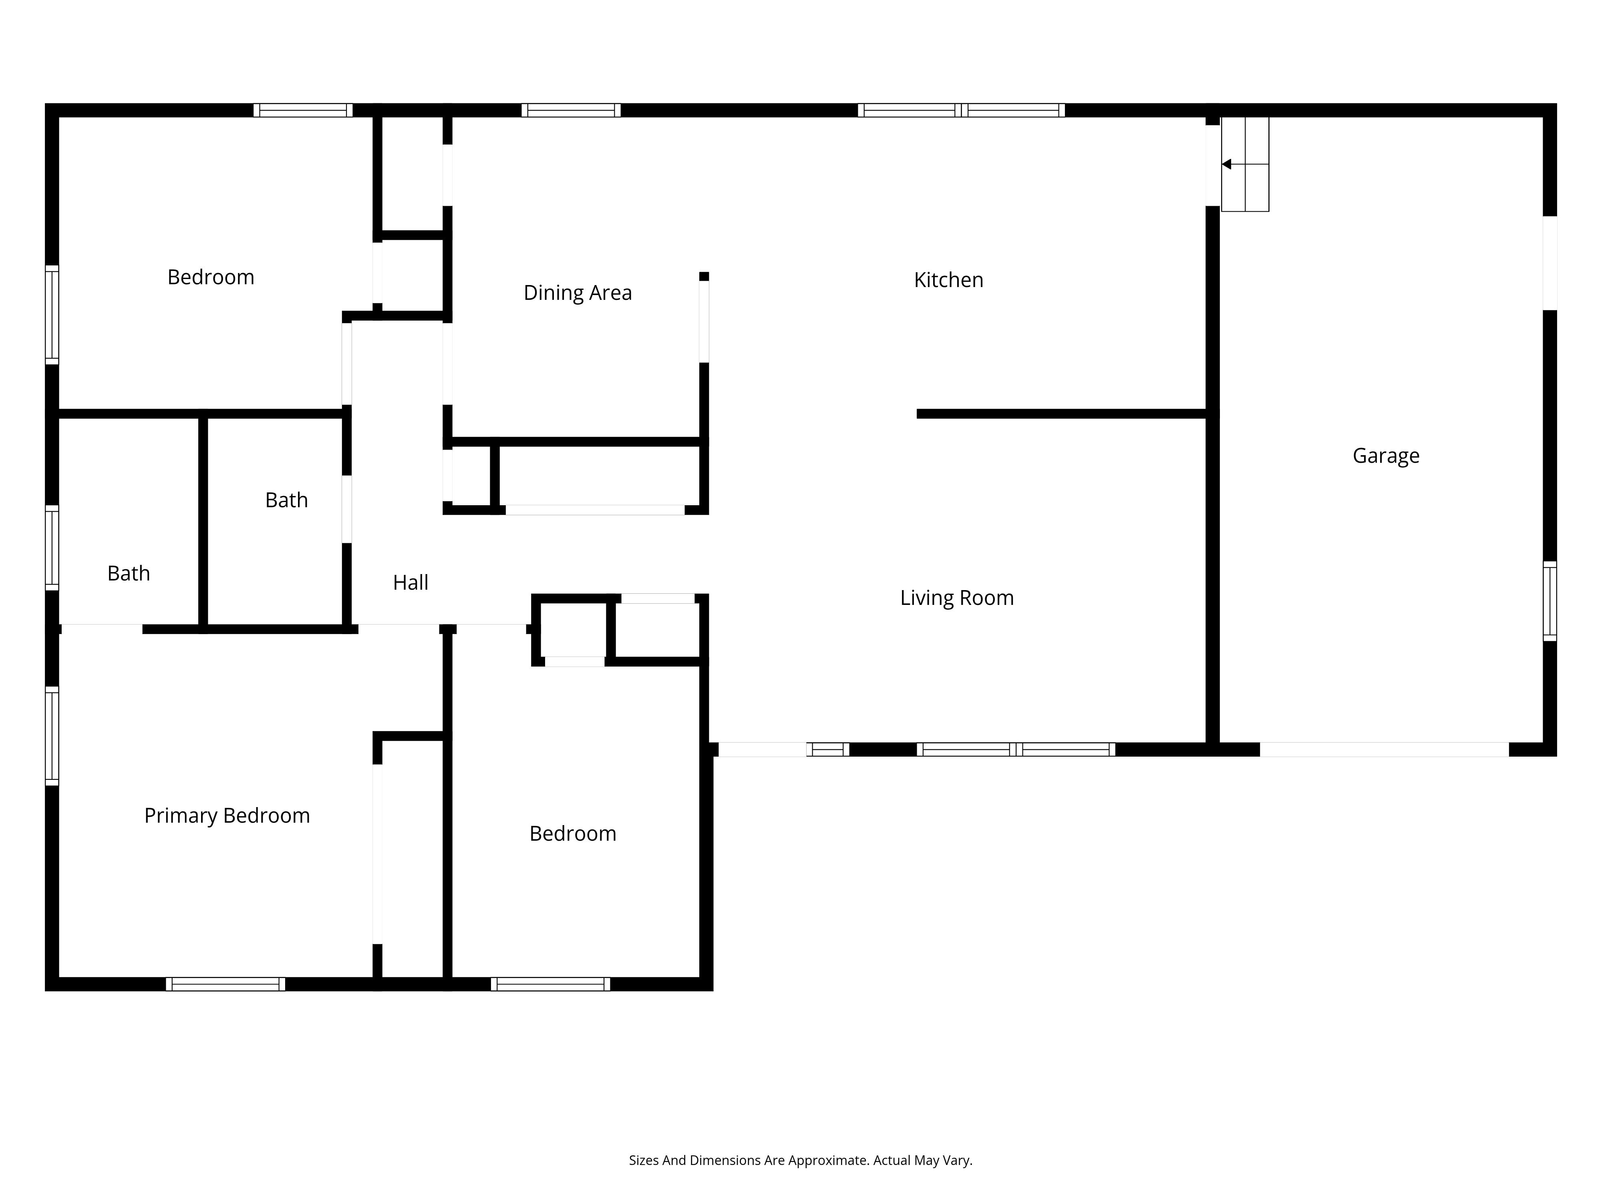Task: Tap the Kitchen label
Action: [948, 280]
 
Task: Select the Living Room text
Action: [957, 598]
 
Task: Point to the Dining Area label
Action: [577, 293]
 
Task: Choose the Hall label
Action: [410, 583]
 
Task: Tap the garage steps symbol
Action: [1245, 164]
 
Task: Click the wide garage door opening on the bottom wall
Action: [1384, 749]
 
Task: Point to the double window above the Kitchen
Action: [961, 110]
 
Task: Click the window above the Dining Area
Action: [571, 110]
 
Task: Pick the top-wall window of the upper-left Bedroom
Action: [303, 110]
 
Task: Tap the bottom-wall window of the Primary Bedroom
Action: [225, 984]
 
